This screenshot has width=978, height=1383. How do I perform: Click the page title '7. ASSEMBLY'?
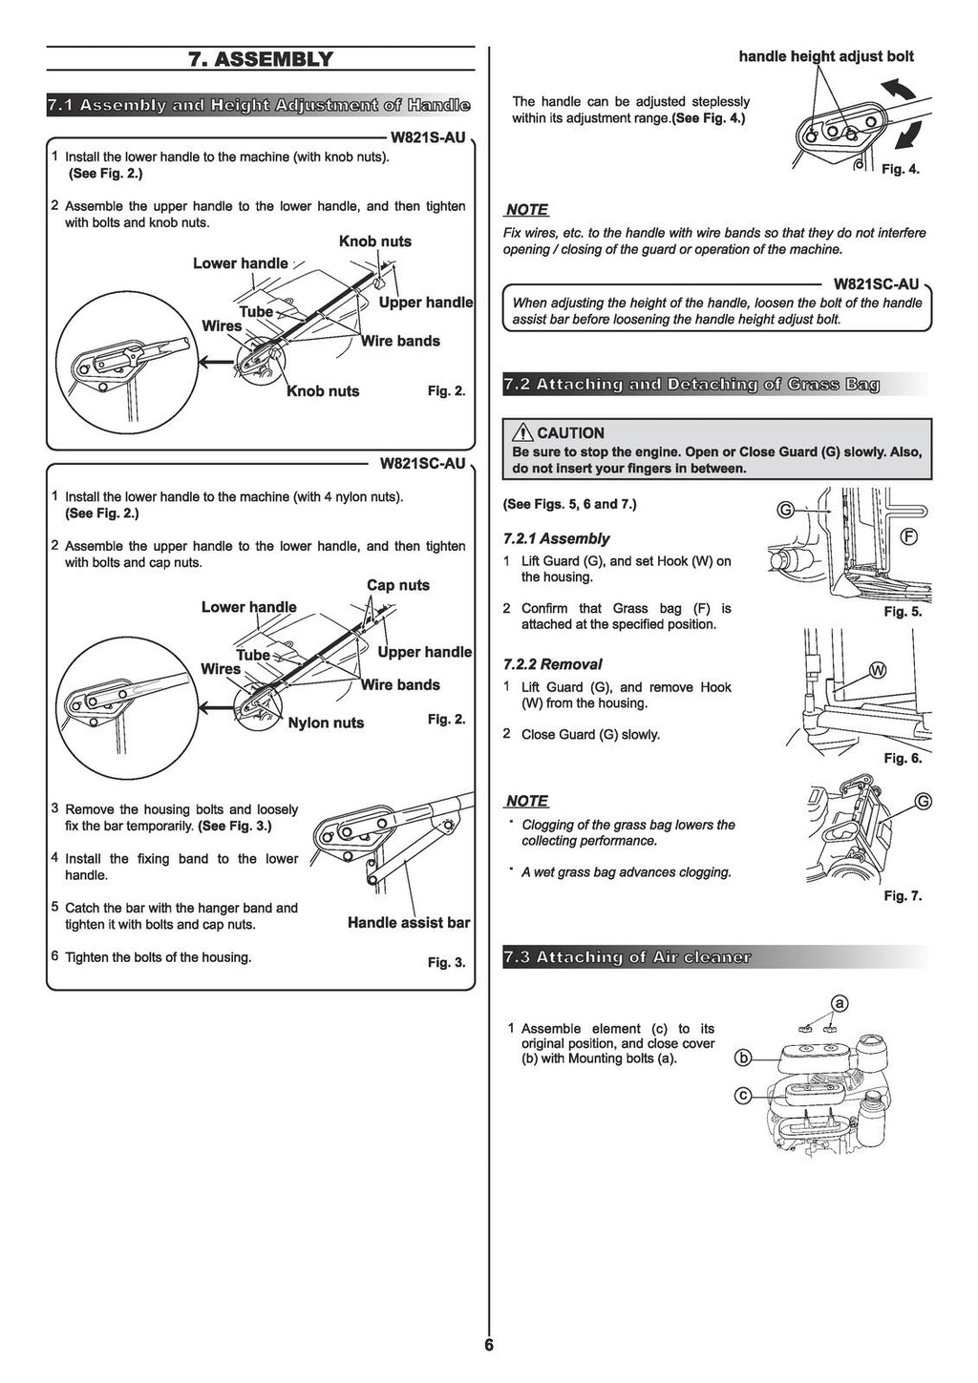261,59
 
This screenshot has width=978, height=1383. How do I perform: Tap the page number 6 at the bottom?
489,1346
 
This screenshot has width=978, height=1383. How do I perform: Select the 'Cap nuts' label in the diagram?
398,585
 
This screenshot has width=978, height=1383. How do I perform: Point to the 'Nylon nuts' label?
326,723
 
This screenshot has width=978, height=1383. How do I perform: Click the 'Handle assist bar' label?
409,922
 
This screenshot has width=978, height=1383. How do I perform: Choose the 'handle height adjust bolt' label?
826,56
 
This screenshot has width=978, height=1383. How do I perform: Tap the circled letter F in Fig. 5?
909,536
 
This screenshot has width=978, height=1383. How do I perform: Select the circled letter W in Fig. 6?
878,670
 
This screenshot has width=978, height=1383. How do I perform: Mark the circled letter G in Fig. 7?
923,801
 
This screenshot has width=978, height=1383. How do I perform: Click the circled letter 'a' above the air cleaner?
839,1003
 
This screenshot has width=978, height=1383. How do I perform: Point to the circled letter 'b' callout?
742,1058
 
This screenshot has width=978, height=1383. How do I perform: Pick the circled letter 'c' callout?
742,1095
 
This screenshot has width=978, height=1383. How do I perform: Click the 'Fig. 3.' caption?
446,962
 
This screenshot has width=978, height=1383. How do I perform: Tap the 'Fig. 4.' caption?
900,169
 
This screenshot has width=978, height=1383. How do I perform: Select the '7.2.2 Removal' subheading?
552,664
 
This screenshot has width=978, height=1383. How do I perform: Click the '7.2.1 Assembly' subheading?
556,538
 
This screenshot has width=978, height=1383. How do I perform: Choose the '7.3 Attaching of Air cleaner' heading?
627,957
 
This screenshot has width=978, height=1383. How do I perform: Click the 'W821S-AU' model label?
428,137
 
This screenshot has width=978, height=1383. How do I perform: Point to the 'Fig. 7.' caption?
903,895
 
